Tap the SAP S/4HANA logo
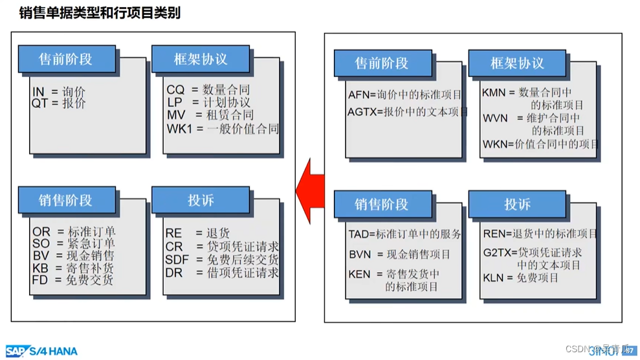(41, 351)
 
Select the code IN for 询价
(38, 92)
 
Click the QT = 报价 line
(58, 103)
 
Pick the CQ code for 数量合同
(175, 90)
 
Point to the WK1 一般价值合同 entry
(222, 128)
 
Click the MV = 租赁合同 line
(210, 115)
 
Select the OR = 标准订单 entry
(74, 231)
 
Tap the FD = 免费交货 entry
(72, 280)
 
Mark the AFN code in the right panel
(358, 95)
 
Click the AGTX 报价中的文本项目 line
(408, 111)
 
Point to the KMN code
(493, 93)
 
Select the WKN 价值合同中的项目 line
(540, 144)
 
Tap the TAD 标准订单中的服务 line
(404, 234)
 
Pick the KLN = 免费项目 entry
(520, 278)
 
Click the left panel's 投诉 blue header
(201, 201)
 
